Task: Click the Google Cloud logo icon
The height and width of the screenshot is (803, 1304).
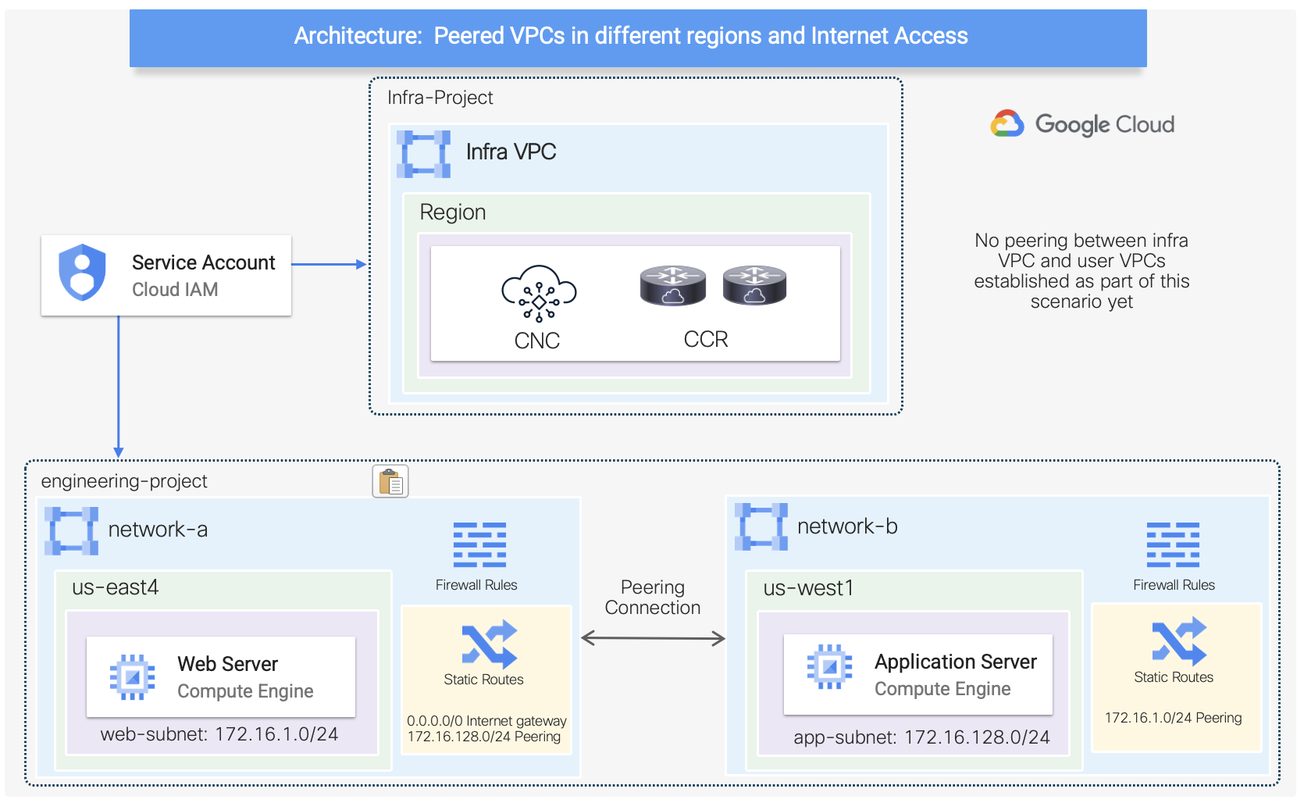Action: click(1007, 124)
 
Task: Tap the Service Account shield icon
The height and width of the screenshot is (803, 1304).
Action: click(82, 273)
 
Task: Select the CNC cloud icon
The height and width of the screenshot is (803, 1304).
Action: click(539, 294)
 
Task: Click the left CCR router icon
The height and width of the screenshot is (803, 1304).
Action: click(672, 285)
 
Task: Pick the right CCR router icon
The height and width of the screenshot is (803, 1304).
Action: click(754, 285)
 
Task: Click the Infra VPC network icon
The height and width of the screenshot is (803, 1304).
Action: click(424, 154)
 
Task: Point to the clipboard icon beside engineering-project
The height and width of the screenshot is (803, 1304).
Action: click(390, 481)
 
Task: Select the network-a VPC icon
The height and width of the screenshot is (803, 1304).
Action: click(71, 531)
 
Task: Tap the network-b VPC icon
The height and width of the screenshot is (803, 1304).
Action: click(761, 527)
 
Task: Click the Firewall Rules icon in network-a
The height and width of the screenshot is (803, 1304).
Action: click(479, 544)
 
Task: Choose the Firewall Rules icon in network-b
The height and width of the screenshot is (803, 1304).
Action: click(1173, 544)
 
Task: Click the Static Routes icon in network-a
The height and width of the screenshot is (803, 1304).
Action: click(489, 644)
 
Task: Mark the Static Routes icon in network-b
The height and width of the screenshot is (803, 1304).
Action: click(1179, 641)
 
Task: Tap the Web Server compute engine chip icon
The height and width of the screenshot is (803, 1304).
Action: click(132, 676)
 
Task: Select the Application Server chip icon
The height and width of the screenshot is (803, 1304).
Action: click(829, 666)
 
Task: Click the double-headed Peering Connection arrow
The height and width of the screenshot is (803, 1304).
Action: click(654, 639)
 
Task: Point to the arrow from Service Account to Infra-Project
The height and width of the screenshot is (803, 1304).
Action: click(329, 265)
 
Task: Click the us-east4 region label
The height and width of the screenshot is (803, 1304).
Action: click(115, 587)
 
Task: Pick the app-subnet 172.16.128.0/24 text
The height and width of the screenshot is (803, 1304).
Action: click(921, 737)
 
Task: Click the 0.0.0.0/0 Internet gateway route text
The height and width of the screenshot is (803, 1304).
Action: click(486, 721)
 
